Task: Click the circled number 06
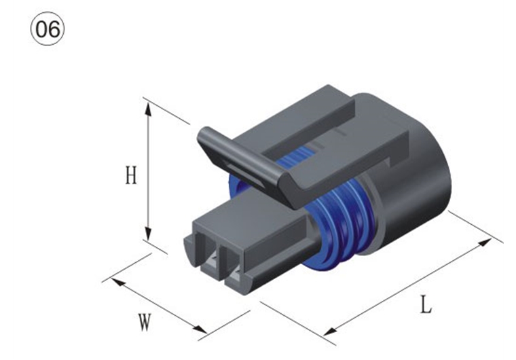click(x=48, y=29)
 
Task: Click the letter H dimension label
click(x=131, y=175)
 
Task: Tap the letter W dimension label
click(x=145, y=323)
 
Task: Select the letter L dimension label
click(x=426, y=304)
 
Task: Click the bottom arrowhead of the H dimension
click(x=148, y=234)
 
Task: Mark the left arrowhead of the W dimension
click(x=118, y=282)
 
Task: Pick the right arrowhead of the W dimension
click(x=200, y=328)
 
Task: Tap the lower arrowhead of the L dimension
click(x=330, y=331)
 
